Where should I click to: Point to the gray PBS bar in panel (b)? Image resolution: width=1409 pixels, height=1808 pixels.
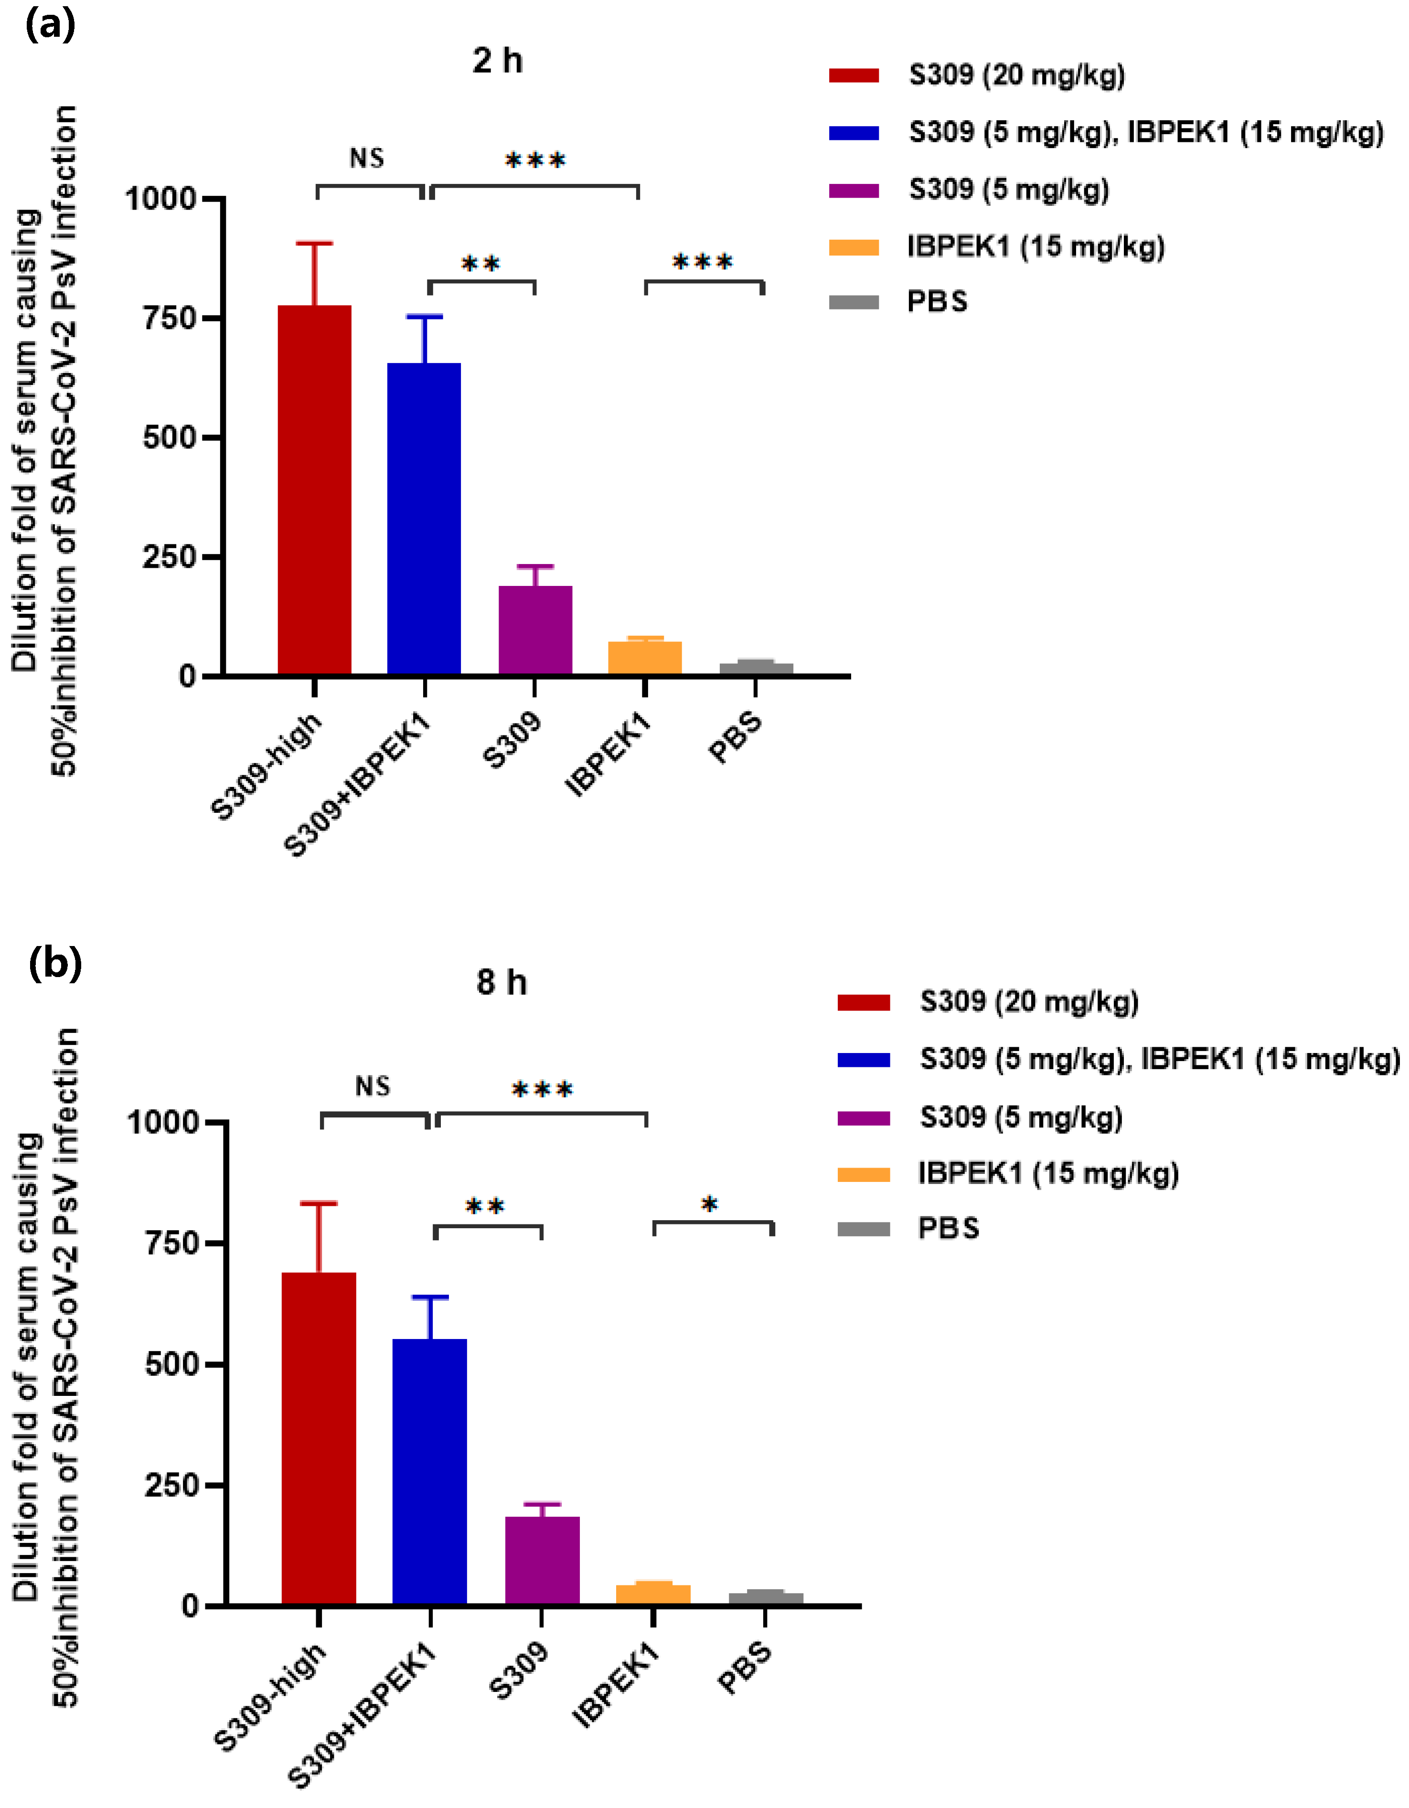[766, 1598]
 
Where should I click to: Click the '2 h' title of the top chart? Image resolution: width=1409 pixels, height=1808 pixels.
[498, 61]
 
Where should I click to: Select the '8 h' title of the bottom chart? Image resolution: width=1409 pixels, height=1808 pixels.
[502, 983]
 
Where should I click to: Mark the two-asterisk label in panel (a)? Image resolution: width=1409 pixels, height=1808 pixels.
[481, 265]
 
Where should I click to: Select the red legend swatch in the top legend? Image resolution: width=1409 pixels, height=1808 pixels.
[854, 76]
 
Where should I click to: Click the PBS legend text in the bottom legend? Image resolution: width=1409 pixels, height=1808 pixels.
[948, 1229]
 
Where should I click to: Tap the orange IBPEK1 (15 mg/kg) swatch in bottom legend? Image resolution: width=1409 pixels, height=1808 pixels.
[864, 1174]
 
